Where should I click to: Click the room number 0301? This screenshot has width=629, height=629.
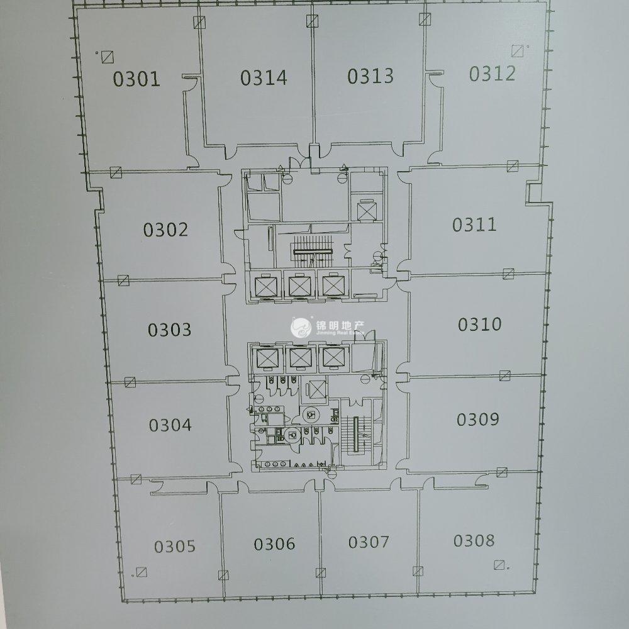[136, 79]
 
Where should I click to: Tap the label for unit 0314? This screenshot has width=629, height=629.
[264, 78]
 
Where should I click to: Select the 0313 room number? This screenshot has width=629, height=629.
[370, 76]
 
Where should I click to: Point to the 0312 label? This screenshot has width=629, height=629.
[493, 74]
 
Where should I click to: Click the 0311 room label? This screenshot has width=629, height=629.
[474, 225]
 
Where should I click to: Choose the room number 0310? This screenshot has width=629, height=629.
[480, 324]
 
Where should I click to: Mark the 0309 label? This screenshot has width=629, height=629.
[478, 420]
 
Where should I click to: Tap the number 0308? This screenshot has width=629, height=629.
[474, 541]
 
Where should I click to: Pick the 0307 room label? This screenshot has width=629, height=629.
[369, 542]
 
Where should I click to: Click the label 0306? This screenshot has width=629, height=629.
[274, 544]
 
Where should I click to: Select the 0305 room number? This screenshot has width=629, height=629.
[175, 547]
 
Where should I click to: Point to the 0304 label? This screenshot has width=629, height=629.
[170, 425]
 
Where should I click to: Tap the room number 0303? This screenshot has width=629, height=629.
[169, 330]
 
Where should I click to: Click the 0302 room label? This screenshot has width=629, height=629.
[165, 230]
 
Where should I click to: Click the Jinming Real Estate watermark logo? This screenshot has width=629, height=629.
[301, 328]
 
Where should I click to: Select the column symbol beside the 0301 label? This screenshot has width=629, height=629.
[108, 57]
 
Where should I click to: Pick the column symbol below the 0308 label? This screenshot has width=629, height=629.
[499, 565]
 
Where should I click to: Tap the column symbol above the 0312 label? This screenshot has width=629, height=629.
[518, 51]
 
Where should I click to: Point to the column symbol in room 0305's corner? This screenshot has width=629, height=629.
[142, 572]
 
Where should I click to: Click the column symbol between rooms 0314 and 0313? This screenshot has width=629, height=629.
[312, 21]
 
